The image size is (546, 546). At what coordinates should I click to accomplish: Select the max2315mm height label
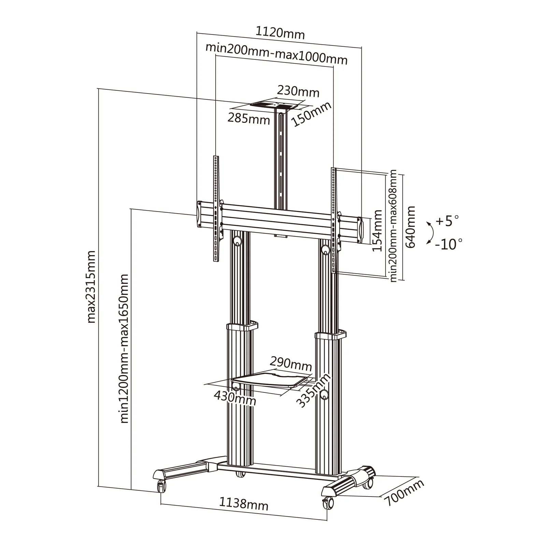(x=91, y=287)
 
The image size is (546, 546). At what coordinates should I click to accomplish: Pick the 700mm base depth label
(x=404, y=492)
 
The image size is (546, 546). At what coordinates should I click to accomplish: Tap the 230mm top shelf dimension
(x=298, y=91)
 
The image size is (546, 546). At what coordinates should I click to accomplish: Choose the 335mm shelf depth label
(x=313, y=390)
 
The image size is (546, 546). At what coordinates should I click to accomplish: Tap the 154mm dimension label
(x=377, y=231)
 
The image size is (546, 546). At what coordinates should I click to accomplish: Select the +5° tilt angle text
(x=447, y=221)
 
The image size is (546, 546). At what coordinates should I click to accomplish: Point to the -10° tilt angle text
(x=449, y=244)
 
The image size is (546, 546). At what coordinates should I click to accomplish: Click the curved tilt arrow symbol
(x=432, y=233)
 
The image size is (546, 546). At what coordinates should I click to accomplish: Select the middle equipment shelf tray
(x=271, y=381)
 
